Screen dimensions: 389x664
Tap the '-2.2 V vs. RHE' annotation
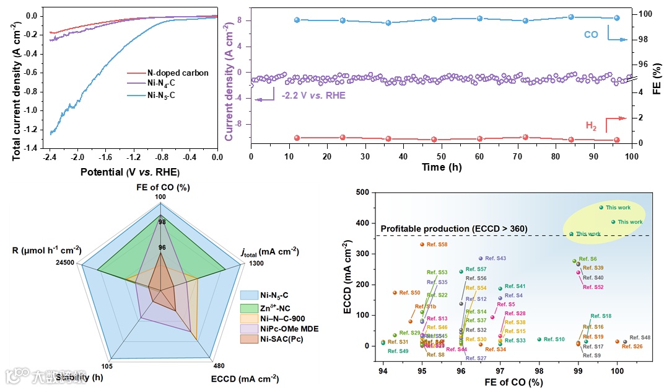(x=313, y=96)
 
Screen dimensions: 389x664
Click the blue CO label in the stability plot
(x=591, y=35)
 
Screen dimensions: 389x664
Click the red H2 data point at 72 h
(x=525, y=137)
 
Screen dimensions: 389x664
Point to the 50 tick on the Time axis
(x=441, y=158)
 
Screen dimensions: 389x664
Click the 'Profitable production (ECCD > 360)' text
(x=454, y=229)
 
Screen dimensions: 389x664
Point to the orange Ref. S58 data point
(x=422, y=244)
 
